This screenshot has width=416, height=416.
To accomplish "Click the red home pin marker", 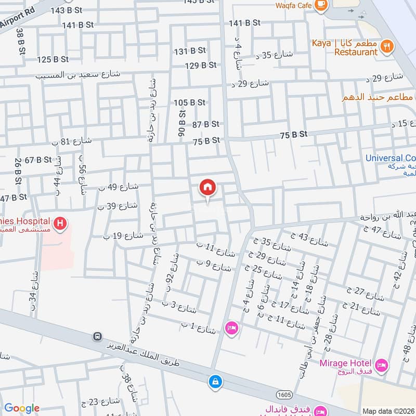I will pos(208,188).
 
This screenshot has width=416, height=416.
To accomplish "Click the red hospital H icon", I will pos(61,224).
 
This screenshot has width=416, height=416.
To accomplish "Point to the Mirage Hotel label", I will pos(345,362).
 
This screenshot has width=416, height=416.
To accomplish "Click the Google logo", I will pos(22,408).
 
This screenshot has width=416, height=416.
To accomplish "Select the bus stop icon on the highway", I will pos(97,337).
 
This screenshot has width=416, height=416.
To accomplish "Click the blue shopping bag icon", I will pos(215,382).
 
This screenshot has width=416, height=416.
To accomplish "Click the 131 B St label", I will pos(190,51).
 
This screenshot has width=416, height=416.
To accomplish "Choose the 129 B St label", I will pos(201,65).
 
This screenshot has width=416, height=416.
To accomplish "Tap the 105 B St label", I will pos(190,102).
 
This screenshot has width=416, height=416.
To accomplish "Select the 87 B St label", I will pos(205,124).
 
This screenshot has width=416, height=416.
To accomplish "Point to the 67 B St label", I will pos(38,160).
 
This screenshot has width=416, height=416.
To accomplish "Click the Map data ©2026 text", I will pos(388,411).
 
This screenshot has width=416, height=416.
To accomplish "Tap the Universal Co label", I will pos(391,158).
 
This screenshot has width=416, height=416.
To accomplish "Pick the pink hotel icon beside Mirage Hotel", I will pos(382,366).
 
